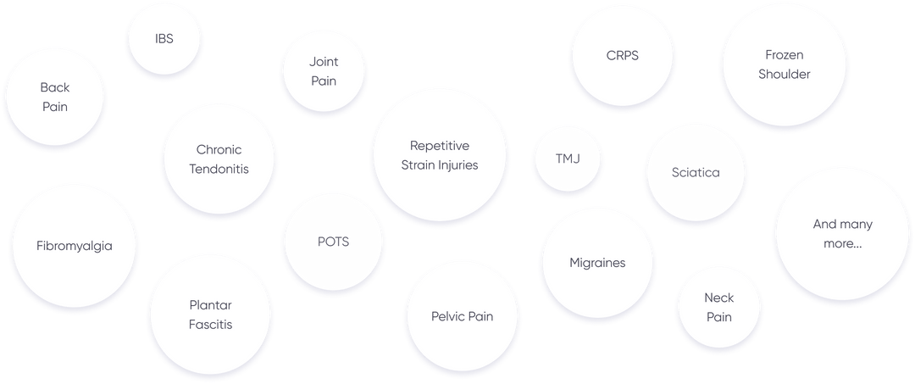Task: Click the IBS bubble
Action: point(164,39)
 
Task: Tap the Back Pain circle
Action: point(55,97)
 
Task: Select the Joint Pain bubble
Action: point(324,71)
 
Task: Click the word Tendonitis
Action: point(219,169)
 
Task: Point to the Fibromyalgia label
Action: point(75,246)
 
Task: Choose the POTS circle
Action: point(333,242)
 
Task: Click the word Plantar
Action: point(211,305)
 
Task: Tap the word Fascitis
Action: point(211,324)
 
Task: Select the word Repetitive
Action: point(440,146)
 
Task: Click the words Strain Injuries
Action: point(440,165)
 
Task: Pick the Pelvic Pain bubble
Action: point(462,316)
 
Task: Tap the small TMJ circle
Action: point(568,159)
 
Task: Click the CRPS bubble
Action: point(622,56)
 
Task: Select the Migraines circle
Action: point(597,263)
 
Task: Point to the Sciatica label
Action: point(696,172)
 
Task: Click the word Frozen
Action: point(785,55)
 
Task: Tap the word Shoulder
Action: point(785,74)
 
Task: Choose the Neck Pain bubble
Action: point(719,307)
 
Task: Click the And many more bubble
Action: point(842,234)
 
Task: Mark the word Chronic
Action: point(219,150)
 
